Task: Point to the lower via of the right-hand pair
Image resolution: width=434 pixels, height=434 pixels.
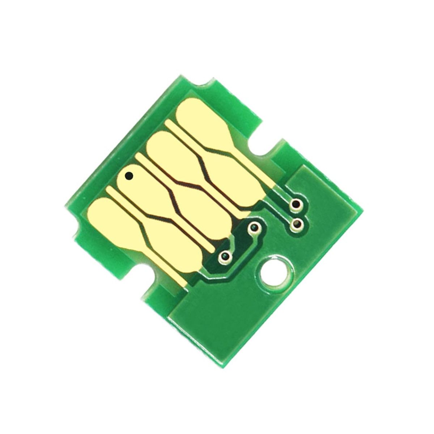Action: tap(297, 224)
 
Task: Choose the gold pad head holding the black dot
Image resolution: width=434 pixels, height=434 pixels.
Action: tap(134, 181)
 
